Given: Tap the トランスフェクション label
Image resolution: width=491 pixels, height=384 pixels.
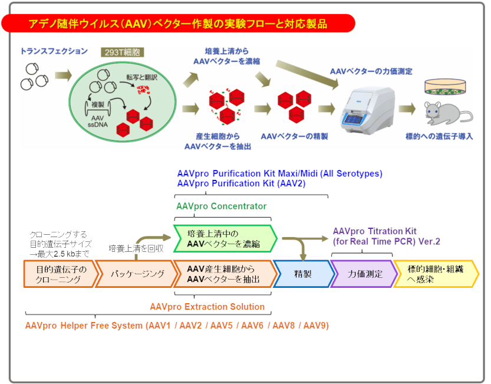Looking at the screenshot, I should click(x=54, y=51).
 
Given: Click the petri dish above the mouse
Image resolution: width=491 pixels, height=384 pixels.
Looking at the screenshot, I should click(x=449, y=87).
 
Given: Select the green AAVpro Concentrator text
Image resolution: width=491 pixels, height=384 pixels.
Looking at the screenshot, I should click(x=221, y=206).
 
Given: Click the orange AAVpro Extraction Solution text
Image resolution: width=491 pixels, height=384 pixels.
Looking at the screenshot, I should click(x=207, y=307).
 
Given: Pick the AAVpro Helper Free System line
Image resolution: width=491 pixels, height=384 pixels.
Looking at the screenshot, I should click(x=177, y=325).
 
